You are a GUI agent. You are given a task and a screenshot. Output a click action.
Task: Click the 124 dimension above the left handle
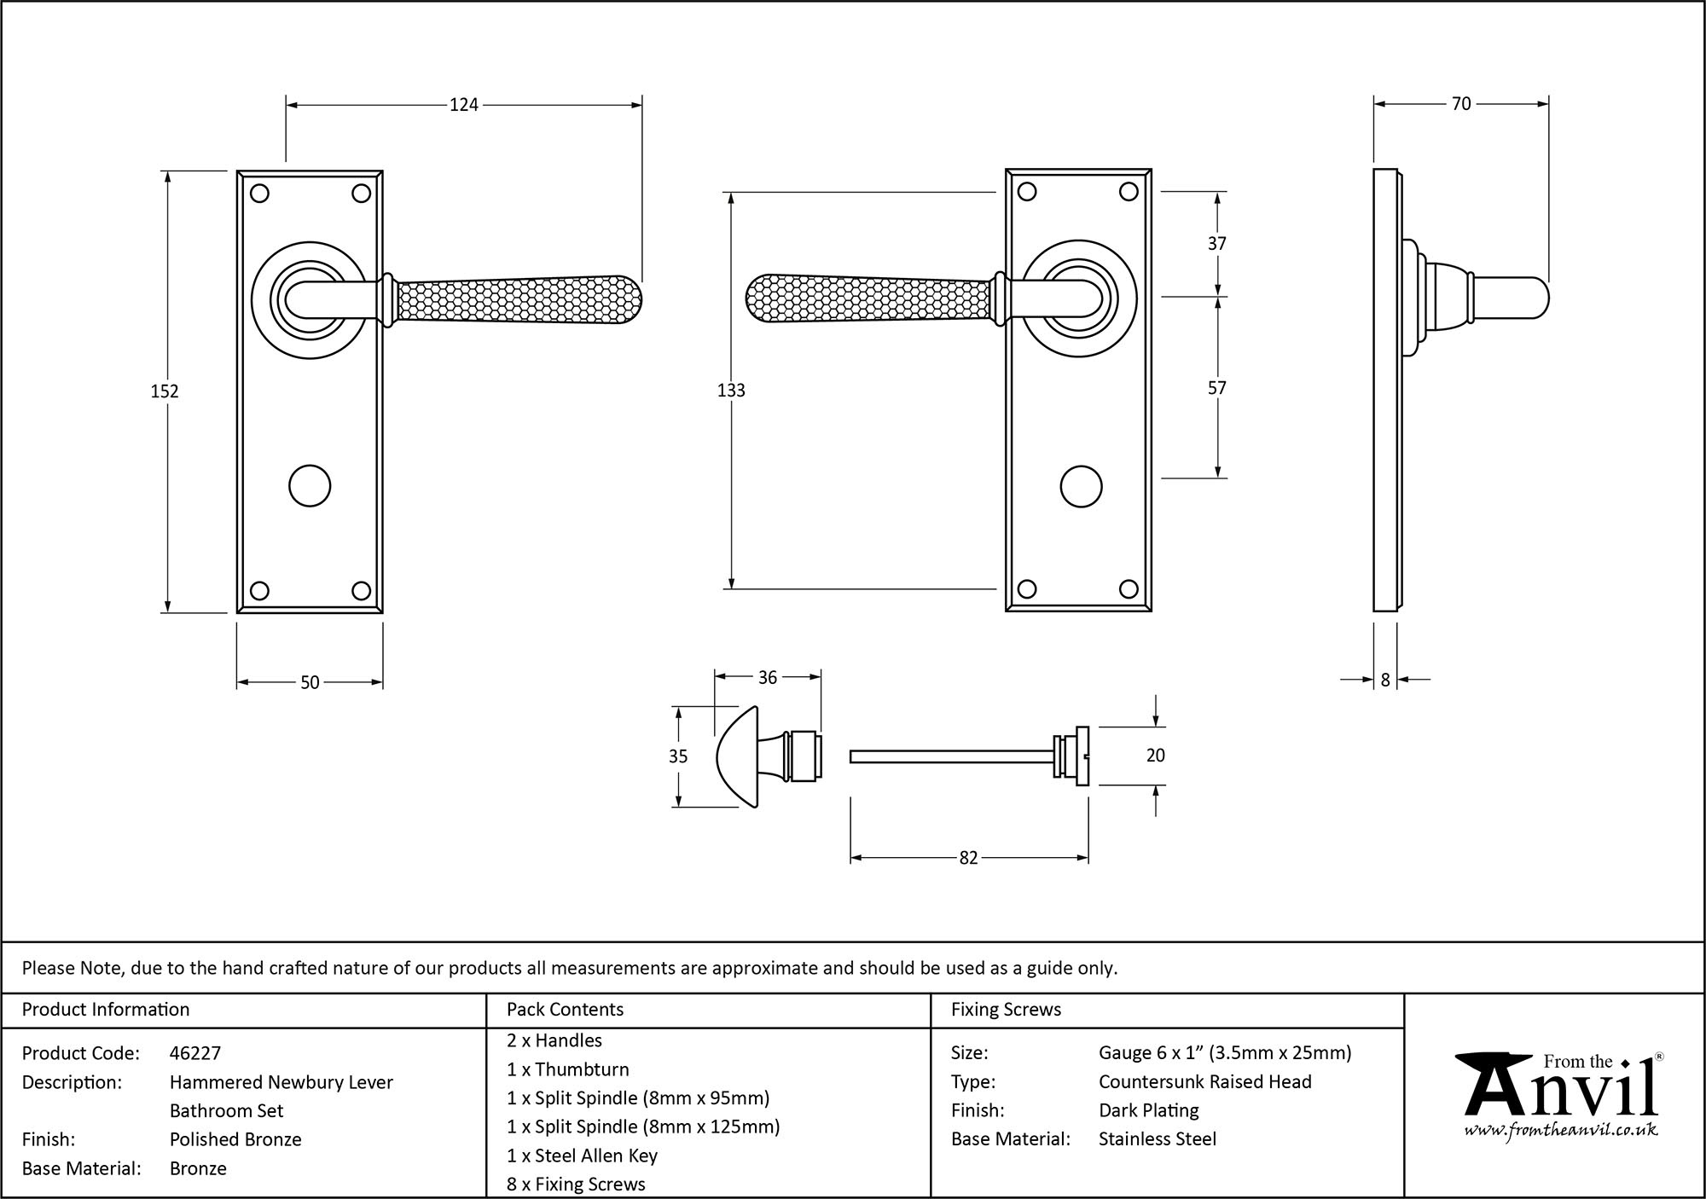point(464,105)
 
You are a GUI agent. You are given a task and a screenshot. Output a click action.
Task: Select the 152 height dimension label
point(165,391)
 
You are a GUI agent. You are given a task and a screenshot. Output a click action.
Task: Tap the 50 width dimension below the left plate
point(310,682)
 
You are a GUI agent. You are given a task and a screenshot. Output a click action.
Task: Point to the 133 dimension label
point(731,391)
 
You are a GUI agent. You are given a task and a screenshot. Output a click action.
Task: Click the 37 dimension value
point(1216,243)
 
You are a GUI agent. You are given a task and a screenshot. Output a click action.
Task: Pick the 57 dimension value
point(1216,388)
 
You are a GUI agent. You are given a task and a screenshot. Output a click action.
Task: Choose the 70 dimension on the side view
point(1460,104)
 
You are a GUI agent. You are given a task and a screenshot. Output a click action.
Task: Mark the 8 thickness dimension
point(1385,680)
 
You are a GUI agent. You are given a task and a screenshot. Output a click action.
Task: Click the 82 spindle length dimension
point(968,858)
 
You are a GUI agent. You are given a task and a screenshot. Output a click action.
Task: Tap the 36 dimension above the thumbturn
point(767,677)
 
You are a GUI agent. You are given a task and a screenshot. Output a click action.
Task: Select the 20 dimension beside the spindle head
point(1155,756)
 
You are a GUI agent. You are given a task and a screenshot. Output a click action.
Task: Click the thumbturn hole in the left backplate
point(310,486)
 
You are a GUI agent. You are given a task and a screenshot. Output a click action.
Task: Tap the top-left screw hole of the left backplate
point(260,194)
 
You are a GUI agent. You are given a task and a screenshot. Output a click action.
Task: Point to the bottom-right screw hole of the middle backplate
point(1128,588)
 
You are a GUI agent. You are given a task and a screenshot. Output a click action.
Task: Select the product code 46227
point(195,1053)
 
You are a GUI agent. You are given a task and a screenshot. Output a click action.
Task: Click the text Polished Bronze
point(235,1139)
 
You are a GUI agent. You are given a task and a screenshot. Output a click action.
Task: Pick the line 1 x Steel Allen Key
point(582,1156)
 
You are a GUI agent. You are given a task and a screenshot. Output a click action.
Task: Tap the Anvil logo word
point(1561,1092)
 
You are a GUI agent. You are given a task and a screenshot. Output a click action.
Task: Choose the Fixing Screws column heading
point(1006,1010)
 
